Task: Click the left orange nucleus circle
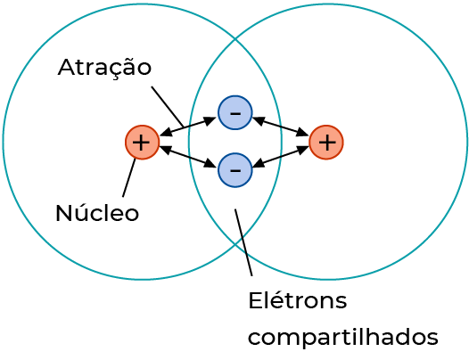pos(142,143)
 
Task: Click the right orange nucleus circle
pos(326,143)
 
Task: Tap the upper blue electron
pos(235,113)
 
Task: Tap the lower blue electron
pos(235,170)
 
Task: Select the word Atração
pos(104,69)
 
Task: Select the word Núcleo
pos(97,212)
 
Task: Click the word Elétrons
pos(298,300)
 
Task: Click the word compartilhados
pos(343,337)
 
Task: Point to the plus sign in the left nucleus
pos(141,143)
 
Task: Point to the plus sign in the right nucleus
pos(327,143)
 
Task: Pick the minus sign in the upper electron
pos(235,113)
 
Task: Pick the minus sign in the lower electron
pos(235,171)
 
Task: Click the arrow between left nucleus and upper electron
pos(188,127)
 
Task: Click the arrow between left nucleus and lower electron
pos(188,156)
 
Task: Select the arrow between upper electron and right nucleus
pos(281,127)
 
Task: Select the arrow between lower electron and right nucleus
pos(281,156)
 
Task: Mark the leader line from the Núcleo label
pos(129,177)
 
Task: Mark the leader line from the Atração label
pos(168,106)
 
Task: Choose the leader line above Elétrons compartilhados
pos(243,242)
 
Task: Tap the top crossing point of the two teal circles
pos(235,39)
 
